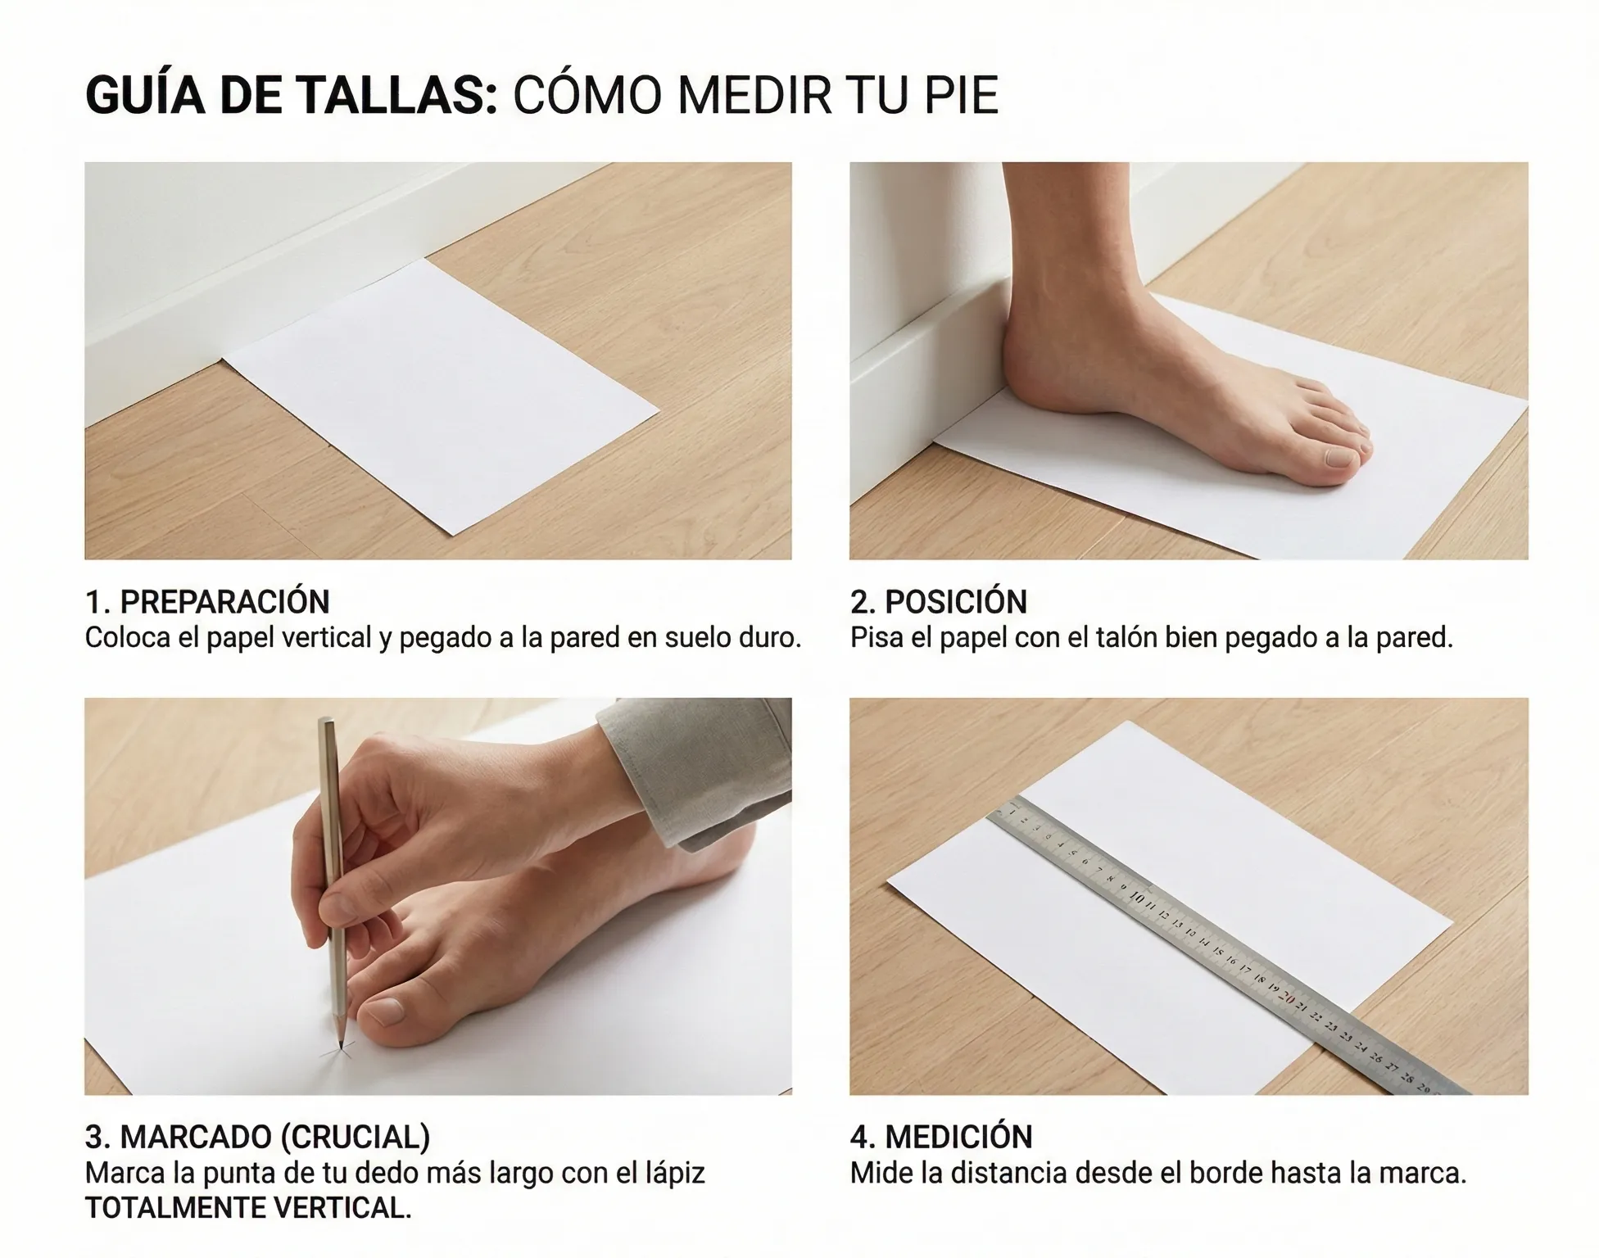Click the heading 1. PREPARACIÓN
(207, 602)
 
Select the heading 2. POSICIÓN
(939, 602)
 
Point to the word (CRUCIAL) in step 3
(355, 1138)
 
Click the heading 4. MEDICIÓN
(941, 1137)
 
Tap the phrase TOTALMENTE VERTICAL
(248, 1208)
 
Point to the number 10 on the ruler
(1136, 898)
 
